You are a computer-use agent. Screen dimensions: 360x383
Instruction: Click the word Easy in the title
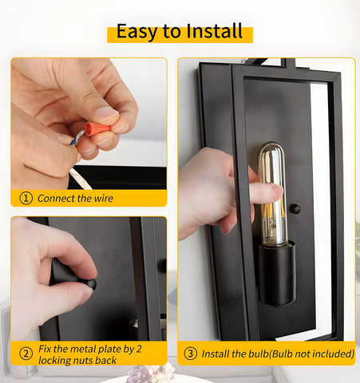(x=136, y=32)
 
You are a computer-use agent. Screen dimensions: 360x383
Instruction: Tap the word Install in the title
(x=215, y=31)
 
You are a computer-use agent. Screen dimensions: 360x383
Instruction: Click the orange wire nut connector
(x=97, y=128)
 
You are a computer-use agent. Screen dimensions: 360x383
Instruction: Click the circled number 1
(x=26, y=198)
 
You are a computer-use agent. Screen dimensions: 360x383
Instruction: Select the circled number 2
(x=26, y=353)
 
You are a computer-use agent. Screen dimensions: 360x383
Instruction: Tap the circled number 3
(x=191, y=353)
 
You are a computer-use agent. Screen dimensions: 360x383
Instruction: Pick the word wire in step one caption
(x=103, y=199)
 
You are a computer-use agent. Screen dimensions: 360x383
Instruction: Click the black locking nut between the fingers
(x=91, y=284)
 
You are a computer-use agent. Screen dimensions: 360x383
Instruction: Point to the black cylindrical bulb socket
(x=277, y=274)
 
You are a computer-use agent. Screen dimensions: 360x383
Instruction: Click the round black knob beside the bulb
(x=295, y=209)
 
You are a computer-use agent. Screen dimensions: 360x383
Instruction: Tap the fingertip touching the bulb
(x=275, y=190)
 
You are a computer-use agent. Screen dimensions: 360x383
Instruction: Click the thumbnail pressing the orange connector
(x=106, y=113)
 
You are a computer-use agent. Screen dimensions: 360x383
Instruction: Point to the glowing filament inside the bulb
(x=273, y=215)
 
